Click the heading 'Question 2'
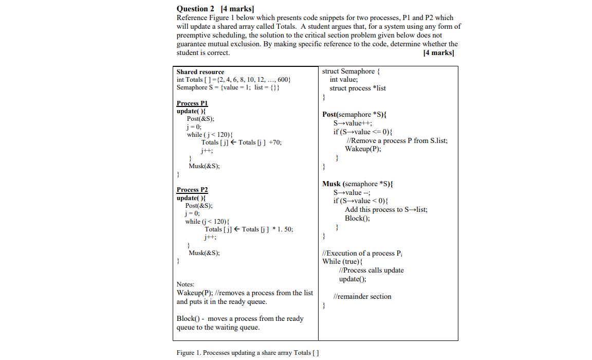coord(196,9)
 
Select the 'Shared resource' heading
coord(200,72)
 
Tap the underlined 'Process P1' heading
coord(192,103)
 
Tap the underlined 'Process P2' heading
coord(192,190)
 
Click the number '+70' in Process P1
coord(274,142)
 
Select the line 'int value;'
coord(344,80)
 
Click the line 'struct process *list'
coord(358,88)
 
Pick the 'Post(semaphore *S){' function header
coord(354,115)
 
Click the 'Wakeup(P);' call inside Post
coord(363,149)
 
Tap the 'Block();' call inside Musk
coord(357,218)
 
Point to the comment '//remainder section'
coord(362,297)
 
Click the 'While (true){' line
coord(342,262)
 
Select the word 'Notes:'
coord(186,284)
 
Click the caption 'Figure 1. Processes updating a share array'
coord(247,353)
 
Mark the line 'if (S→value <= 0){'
coord(361,132)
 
